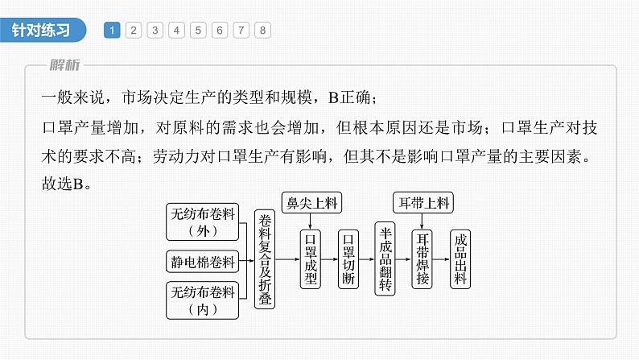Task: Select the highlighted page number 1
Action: click(113, 31)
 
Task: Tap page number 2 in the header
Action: click(134, 31)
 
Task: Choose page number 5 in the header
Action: click(198, 31)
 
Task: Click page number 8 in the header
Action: click(262, 31)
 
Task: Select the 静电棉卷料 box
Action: click(203, 261)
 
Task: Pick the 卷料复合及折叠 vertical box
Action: click(264, 260)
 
